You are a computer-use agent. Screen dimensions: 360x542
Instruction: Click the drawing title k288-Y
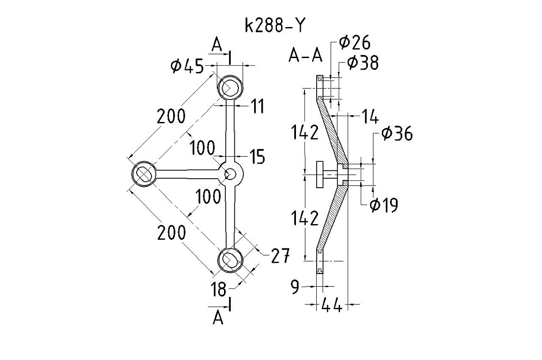point(274,26)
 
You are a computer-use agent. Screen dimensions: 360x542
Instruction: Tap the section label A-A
point(305,55)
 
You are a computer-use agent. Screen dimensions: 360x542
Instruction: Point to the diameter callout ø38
point(363,63)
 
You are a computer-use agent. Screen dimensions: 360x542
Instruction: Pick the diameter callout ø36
point(396,134)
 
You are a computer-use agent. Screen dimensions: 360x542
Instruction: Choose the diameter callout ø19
point(383,205)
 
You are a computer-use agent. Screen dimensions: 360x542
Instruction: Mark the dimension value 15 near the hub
point(257,157)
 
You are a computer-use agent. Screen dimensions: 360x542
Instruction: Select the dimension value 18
point(219,289)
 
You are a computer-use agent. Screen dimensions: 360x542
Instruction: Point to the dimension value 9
point(295,287)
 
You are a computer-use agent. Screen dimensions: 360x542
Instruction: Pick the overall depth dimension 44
point(331,306)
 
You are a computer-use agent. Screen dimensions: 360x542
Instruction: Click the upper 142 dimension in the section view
point(305,133)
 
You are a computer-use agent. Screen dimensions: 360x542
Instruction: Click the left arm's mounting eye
point(144,173)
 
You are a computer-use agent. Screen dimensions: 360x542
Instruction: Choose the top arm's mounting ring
point(230,87)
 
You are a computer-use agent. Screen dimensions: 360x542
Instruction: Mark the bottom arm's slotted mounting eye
point(230,260)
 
